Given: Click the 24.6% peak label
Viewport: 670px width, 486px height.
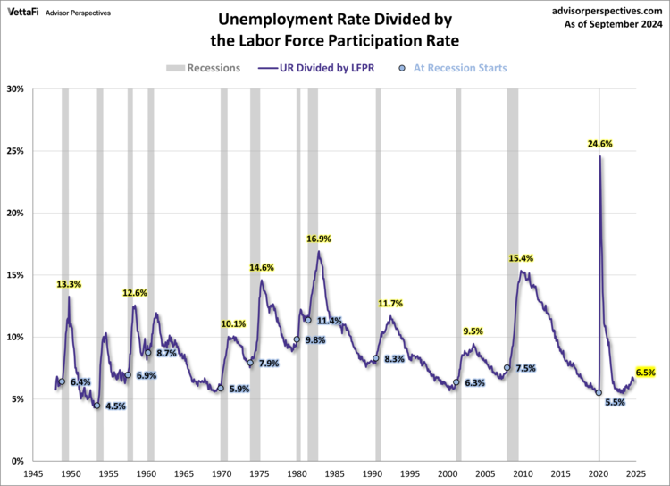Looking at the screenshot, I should tap(599, 143).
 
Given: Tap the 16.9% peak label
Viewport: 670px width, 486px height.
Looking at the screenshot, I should tap(319, 239).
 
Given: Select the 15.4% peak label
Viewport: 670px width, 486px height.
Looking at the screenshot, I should tap(521, 258).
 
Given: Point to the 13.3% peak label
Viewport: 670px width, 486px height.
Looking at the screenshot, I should tap(69, 284).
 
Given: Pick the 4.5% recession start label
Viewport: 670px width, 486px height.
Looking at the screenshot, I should tap(116, 406).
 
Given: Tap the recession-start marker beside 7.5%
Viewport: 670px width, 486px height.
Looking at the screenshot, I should tap(507, 367).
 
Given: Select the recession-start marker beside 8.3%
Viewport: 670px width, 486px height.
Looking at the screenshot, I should tap(375, 359).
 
